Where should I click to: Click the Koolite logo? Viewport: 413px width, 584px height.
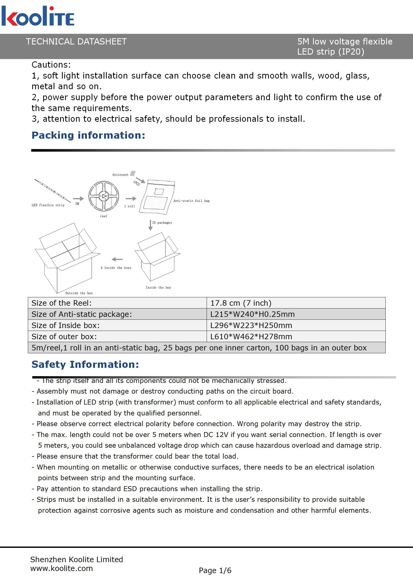pos(38,16)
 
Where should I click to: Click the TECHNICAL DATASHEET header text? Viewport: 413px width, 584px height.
pos(76,42)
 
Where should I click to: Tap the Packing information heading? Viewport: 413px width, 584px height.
pos(88,135)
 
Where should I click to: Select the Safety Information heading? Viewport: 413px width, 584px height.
pos(85,364)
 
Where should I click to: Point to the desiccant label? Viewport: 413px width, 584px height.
pos(120,175)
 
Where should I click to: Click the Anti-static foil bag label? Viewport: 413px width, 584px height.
pos(191,201)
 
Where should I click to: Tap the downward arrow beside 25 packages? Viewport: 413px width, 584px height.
pos(150,225)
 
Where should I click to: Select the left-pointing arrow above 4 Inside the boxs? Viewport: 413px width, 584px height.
pos(117,259)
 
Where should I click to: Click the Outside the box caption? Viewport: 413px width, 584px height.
pos(79,293)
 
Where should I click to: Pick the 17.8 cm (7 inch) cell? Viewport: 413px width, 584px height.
pos(241,303)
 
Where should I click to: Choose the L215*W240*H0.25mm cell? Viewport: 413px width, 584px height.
pos(252,314)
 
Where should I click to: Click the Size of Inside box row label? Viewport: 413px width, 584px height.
pos(66,325)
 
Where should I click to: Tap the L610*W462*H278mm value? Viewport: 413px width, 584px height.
pos(251,337)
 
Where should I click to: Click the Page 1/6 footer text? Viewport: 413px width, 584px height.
pos(215,570)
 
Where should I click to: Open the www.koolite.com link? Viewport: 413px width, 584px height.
pos(61,568)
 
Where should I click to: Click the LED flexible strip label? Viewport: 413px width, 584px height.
pos(48,205)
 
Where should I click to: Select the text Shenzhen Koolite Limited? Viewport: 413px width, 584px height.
pos(77,560)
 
